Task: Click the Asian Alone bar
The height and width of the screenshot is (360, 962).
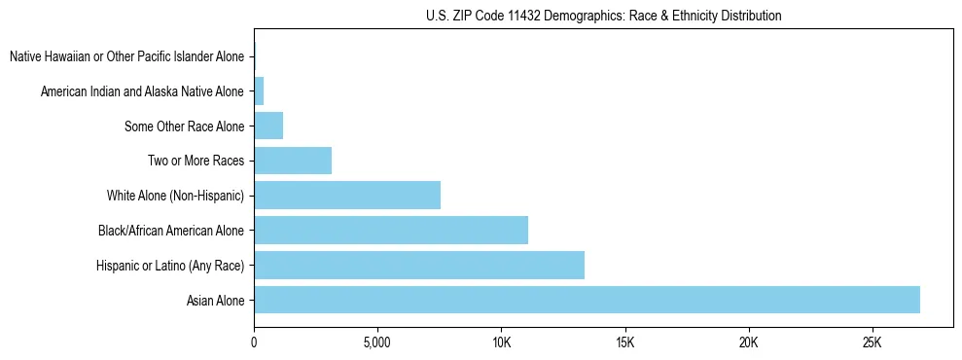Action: (587, 300)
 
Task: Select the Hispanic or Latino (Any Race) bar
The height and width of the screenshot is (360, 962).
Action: (419, 265)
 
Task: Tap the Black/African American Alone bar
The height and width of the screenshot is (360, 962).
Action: (391, 231)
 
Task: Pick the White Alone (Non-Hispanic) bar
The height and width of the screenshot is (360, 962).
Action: (347, 196)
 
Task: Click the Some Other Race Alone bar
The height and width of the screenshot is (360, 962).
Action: (268, 126)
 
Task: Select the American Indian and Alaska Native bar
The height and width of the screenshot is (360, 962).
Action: (259, 91)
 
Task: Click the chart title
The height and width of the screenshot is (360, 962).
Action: (603, 17)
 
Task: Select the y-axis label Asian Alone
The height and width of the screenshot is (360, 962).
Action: (216, 300)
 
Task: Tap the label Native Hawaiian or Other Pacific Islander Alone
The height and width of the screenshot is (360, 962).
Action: (126, 57)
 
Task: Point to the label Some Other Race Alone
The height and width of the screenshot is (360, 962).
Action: (185, 126)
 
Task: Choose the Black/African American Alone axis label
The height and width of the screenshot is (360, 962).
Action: (171, 231)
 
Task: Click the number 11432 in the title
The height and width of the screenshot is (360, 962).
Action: (516, 17)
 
